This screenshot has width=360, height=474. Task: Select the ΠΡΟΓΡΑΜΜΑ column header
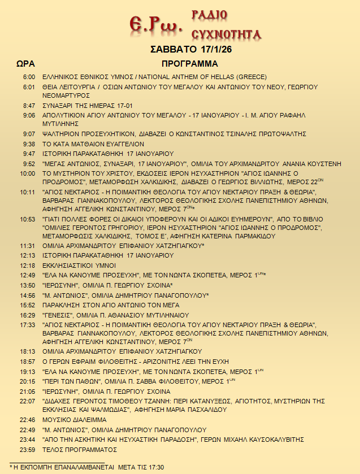[189, 63]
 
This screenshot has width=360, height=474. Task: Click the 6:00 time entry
[29, 76]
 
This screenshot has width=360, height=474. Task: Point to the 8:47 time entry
[29, 106]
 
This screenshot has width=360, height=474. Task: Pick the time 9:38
[29, 144]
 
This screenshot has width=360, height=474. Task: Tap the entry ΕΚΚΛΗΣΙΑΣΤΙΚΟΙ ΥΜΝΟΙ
[79, 265]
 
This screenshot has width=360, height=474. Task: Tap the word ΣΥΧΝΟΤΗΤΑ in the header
[227, 33]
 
